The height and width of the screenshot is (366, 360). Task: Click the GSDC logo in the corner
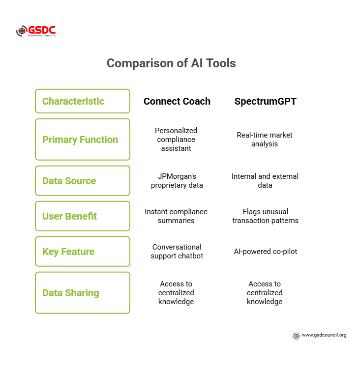[35, 31]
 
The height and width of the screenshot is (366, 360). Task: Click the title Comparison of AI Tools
[171, 63]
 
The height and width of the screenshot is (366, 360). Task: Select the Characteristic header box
[83, 101]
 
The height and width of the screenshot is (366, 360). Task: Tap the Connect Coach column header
[177, 101]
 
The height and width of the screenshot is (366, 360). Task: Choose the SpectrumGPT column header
[265, 101]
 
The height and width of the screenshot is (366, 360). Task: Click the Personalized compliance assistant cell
[176, 139]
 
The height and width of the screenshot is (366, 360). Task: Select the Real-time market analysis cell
[265, 139]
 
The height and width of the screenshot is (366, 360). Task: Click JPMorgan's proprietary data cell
[176, 180]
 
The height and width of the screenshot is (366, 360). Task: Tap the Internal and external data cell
[265, 180]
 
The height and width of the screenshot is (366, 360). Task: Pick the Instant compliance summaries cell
[176, 216]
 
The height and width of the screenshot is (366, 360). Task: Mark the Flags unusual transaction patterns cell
[265, 216]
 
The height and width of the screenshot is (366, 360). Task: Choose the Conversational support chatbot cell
[176, 251]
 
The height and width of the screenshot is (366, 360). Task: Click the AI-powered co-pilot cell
[265, 252]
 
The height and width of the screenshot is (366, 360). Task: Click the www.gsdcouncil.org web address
[324, 335]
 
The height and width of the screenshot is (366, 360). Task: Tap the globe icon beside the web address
[296, 336]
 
